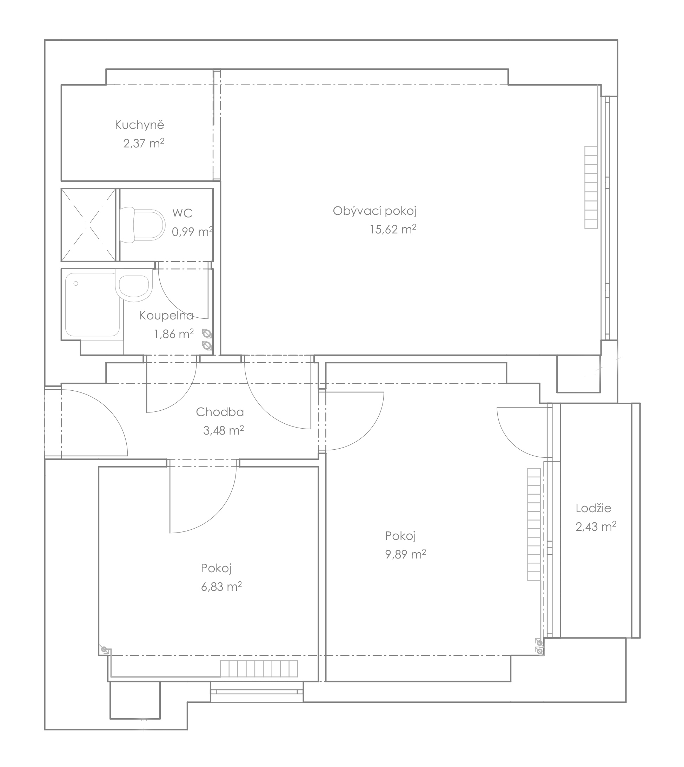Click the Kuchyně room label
(x=139, y=125)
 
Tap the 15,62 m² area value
(x=393, y=229)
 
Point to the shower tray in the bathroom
(x=92, y=305)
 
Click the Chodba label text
(x=220, y=412)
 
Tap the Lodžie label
(x=593, y=508)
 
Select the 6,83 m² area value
(x=221, y=587)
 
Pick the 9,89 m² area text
(x=405, y=554)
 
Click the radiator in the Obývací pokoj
(x=591, y=187)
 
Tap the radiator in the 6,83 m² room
(x=259, y=668)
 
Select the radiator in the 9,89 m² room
(x=534, y=524)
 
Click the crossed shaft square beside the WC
(x=88, y=225)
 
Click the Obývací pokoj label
(x=375, y=211)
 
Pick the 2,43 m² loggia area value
(x=596, y=527)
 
